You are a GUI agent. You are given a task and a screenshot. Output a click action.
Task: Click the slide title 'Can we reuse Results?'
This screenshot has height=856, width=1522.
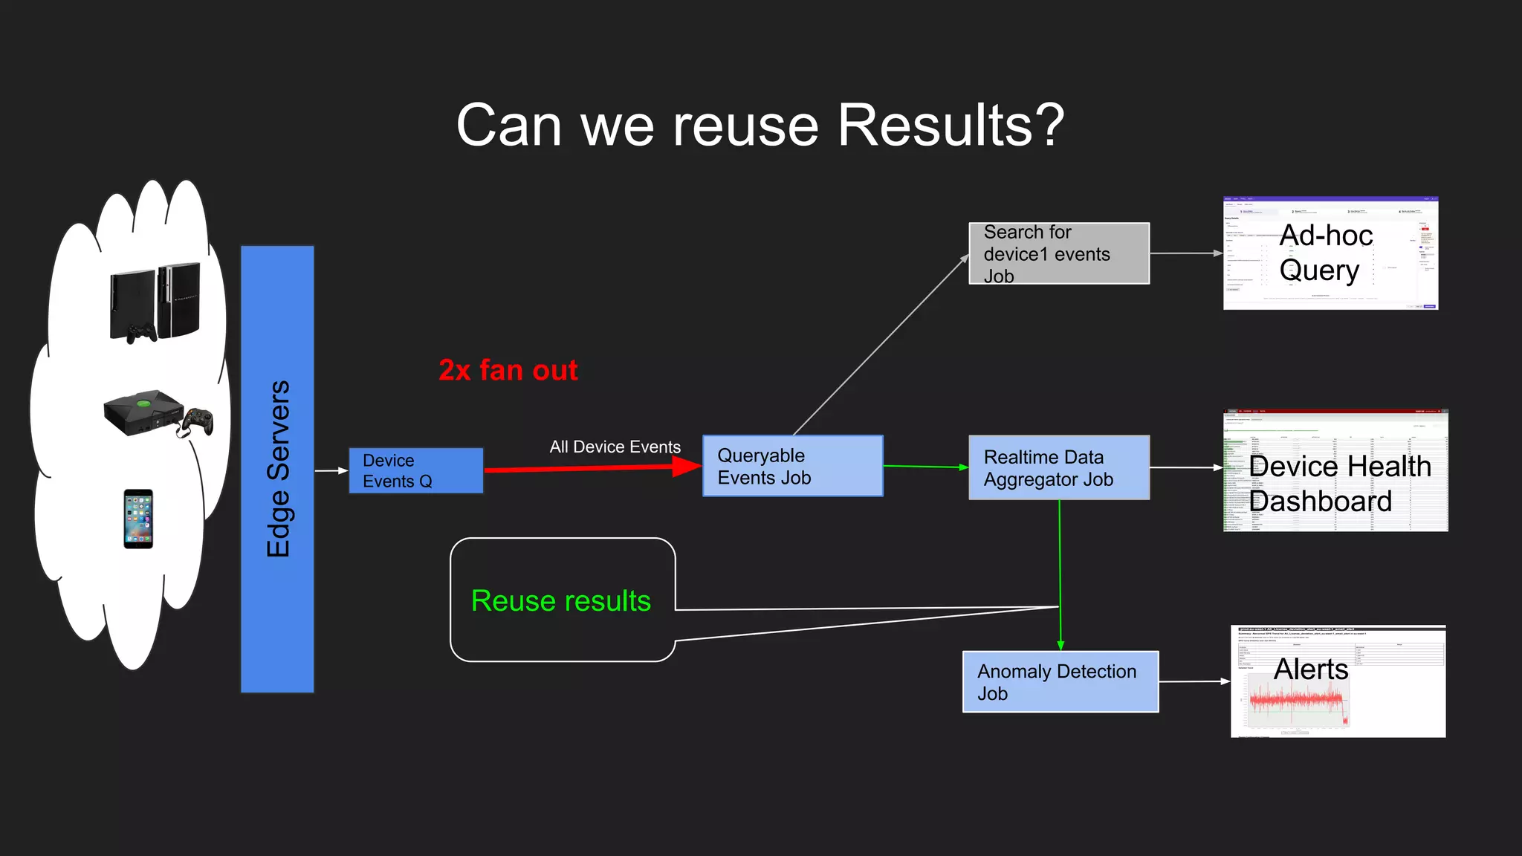pos(760,125)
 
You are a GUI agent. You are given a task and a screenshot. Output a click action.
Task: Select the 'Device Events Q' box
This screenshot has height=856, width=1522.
pos(416,470)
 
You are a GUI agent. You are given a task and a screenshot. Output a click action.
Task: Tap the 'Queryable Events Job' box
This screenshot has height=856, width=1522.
pos(792,466)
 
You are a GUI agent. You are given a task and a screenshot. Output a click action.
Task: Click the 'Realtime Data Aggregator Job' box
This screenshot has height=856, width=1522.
pos(1058,467)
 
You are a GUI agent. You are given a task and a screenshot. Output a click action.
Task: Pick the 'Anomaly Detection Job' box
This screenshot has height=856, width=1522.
pos(1060,681)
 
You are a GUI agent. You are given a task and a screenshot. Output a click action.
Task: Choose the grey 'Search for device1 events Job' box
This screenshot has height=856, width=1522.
pos(1058,253)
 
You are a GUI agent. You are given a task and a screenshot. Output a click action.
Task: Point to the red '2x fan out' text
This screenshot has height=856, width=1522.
pos(508,370)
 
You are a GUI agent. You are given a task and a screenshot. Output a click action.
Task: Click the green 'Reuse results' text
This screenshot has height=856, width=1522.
pos(560,600)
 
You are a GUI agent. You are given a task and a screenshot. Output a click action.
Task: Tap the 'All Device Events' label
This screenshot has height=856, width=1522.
pos(615,447)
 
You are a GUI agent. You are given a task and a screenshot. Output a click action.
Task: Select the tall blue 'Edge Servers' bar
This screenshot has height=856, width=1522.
pos(277,469)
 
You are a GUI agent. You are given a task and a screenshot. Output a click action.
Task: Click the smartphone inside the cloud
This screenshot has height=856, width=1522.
pos(138,519)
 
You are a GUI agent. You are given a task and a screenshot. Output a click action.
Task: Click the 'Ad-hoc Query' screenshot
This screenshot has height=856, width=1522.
pos(1330,253)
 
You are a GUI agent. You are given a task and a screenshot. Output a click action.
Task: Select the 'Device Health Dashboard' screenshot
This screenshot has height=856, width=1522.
pos(1335,470)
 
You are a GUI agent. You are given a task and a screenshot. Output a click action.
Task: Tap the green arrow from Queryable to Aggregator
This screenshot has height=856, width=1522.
pos(925,467)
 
